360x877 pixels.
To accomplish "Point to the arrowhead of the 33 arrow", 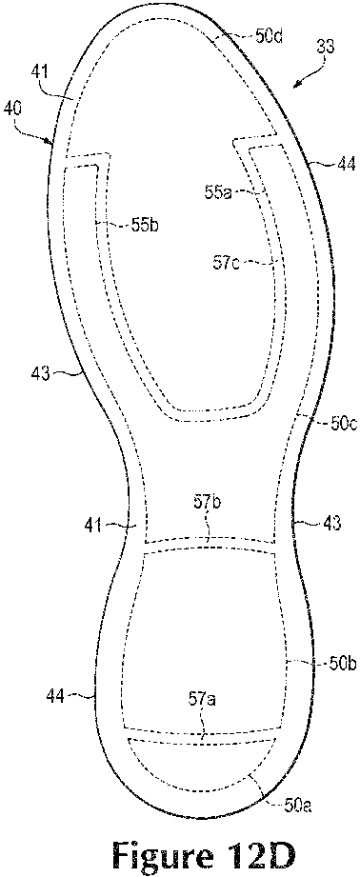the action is click(297, 86).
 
